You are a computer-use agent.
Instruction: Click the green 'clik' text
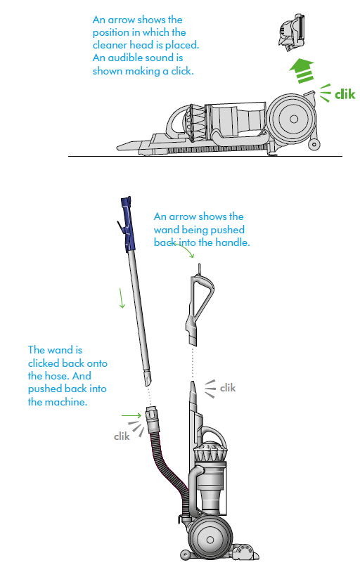345,94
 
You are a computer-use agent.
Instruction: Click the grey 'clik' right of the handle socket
228,388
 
